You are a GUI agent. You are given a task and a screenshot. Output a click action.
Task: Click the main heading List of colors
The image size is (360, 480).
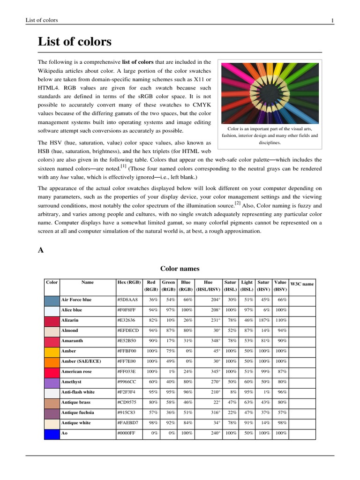tap(75, 42)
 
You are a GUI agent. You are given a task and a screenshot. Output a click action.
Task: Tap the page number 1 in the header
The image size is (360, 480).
tap(332, 20)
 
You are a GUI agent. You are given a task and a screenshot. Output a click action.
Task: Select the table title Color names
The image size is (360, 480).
tap(180, 269)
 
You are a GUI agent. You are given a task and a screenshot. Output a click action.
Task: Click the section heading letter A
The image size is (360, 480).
tap(41, 250)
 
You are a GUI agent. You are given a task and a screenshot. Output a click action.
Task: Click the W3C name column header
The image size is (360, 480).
tap(302, 284)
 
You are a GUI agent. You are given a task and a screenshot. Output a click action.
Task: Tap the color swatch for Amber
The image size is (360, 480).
tap(52, 351)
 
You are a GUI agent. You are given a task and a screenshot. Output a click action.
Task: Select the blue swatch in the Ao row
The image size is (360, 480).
tap(52, 434)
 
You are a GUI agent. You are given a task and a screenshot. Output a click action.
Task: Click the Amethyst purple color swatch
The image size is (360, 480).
tap(52, 382)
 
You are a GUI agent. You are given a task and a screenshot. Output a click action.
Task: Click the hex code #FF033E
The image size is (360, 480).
tap(127, 372)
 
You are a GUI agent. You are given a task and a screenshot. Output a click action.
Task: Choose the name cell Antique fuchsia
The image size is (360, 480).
tap(77, 413)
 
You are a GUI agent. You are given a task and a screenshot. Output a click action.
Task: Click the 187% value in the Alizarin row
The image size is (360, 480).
tap(265, 320)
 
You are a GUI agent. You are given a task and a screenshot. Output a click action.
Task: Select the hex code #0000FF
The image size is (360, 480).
tap(127, 434)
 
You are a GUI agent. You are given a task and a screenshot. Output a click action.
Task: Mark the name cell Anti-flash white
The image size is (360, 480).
tap(77, 392)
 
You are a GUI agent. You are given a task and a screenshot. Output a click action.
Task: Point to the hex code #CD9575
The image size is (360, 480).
tap(127, 403)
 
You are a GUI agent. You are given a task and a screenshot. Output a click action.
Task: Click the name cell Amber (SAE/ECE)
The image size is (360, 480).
tap(81, 361)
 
